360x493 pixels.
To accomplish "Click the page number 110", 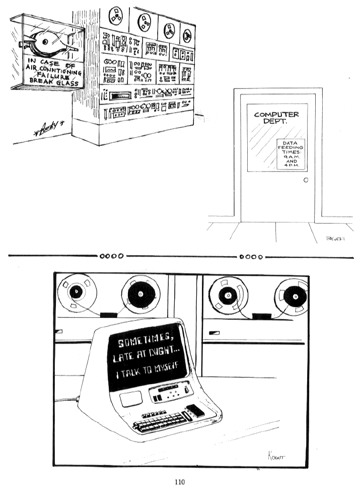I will pos(180,482).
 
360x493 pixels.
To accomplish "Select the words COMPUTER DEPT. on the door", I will pos(276,118).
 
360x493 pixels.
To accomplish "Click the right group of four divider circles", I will pos(250,256).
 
